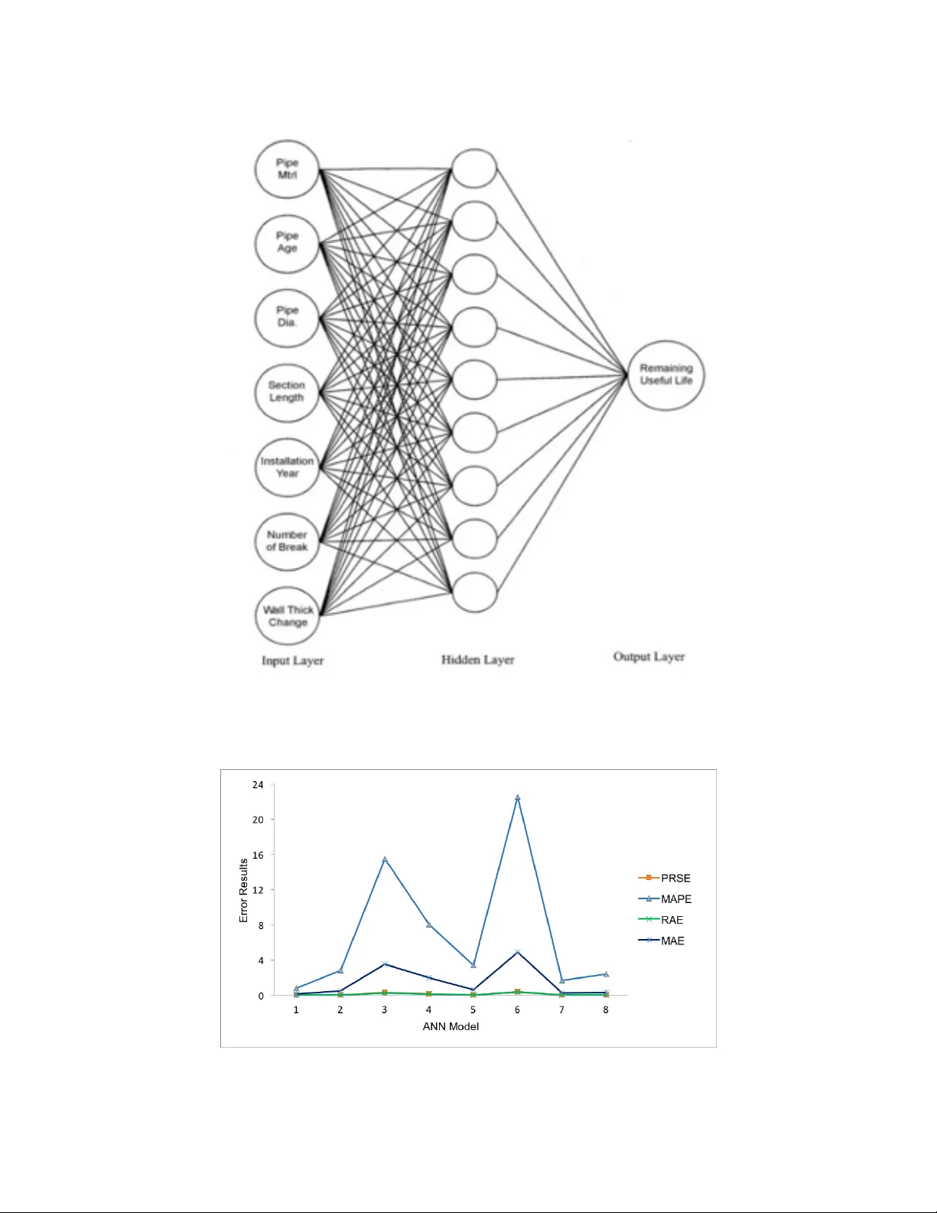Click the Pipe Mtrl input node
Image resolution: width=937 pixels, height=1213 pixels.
[288, 169]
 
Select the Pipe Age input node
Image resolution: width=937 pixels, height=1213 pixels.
[288, 243]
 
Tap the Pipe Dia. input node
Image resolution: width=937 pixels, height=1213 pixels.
[288, 318]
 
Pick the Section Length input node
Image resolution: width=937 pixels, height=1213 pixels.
[288, 393]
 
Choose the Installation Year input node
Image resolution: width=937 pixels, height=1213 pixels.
[288, 468]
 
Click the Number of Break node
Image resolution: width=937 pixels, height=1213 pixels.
[288, 542]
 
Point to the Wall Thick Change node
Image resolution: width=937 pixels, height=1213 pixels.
[288, 616]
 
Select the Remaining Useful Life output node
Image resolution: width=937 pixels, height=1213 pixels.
[666, 375]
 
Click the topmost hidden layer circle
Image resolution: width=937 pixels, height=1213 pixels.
[474, 168]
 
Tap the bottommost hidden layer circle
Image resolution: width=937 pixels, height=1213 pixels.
[474, 592]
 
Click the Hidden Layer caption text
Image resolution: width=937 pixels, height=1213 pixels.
[477, 660]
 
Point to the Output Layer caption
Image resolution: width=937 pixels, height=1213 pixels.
[649, 657]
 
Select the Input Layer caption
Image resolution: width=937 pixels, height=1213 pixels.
[293, 661]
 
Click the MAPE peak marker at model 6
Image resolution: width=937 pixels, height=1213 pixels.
[518, 797]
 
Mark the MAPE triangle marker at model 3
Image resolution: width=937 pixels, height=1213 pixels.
[384, 859]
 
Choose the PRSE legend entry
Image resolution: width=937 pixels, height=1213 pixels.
[664, 878]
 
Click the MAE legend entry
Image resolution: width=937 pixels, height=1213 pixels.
[662, 941]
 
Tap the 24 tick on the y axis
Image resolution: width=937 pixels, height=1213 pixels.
[258, 785]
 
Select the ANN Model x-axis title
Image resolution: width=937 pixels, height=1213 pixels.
[451, 1026]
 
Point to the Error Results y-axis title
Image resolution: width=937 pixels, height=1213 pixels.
[243, 890]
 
